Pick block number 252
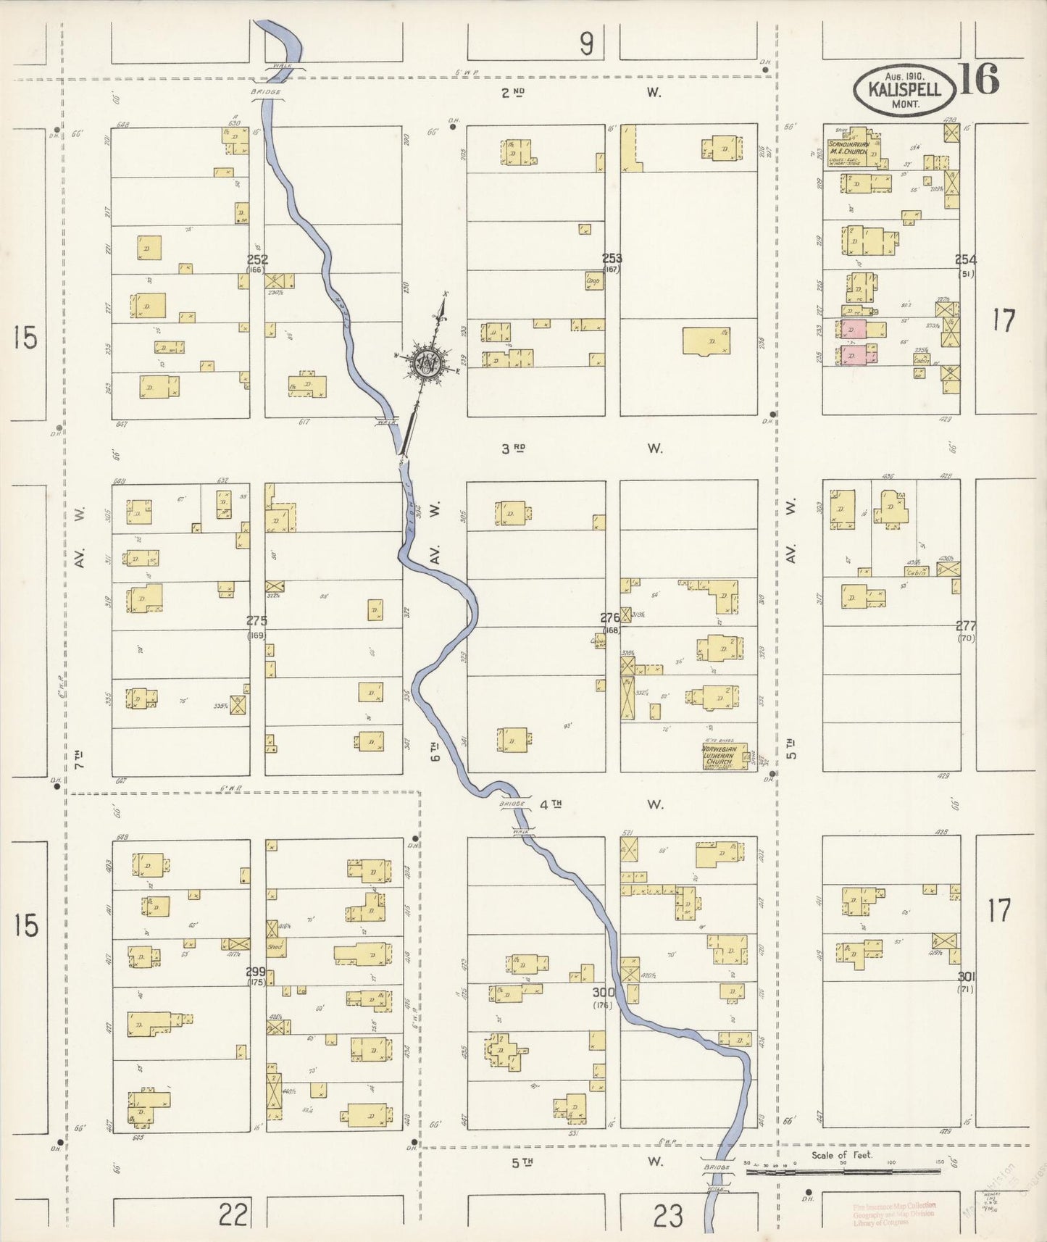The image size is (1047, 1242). click(257, 259)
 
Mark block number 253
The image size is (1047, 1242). click(612, 258)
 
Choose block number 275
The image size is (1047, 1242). click(256, 620)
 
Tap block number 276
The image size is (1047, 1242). click(610, 618)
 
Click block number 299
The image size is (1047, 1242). click(256, 972)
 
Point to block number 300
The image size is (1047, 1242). click(603, 992)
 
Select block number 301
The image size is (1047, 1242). click(965, 975)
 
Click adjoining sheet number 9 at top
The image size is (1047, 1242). click(585, 45)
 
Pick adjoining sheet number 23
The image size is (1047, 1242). click(667, 1215)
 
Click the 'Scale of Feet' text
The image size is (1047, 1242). click(842, 1155)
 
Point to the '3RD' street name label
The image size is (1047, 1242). click(513, 449)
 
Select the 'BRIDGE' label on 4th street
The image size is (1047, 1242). click(512, 804)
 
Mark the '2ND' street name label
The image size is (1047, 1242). click(512, 92)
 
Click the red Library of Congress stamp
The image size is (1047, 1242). click(894, 1214)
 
